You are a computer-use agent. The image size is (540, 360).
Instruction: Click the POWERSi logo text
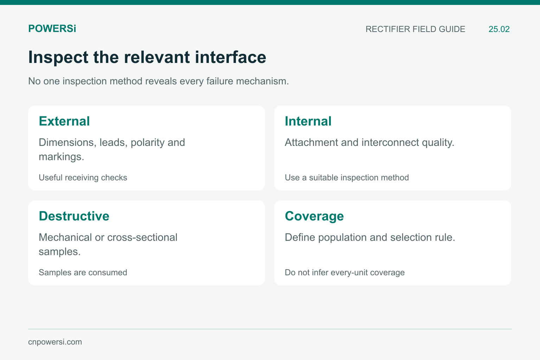pos(52,29)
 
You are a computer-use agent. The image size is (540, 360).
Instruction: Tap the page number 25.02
pos(499,29)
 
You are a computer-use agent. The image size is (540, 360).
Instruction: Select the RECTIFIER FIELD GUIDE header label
pos(415,29)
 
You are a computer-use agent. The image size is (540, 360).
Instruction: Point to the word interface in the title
pos(231,57)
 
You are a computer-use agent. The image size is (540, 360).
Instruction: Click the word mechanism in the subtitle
pos(262,81)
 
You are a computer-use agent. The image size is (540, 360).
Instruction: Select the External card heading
pos(64,121)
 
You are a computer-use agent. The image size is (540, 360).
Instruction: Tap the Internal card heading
pos(308,121)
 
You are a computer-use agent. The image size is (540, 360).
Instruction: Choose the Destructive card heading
pos(74,216)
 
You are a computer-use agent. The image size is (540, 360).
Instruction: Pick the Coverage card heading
pos(314,217)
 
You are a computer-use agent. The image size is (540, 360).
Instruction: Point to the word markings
pos(61,157)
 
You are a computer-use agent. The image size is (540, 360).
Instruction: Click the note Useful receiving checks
pos(83,178)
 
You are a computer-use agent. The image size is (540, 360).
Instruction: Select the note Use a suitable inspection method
pos(347,178)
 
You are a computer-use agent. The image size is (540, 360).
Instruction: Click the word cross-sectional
pos(142,238)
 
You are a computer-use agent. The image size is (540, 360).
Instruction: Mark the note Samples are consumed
pos(83,272)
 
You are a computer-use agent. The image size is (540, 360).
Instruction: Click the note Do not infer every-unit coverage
pos(345,273)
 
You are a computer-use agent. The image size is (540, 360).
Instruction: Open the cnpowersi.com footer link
pos(55,342)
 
